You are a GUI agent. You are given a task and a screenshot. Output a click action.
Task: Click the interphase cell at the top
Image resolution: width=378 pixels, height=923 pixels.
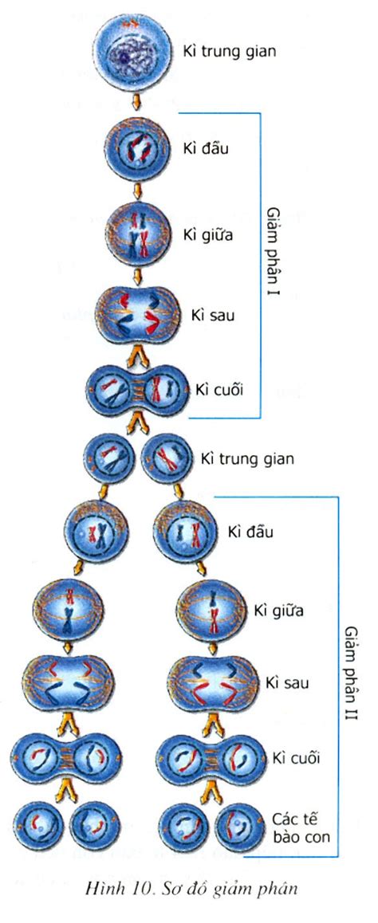click(134, 53)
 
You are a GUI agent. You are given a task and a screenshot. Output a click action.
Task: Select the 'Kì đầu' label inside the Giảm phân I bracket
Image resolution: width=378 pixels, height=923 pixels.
click(206, 148)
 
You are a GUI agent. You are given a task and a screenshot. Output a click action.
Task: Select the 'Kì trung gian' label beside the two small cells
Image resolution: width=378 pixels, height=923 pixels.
click(246, 458)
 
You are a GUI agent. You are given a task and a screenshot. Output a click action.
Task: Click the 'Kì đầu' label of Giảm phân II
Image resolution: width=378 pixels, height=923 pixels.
click(251, 531)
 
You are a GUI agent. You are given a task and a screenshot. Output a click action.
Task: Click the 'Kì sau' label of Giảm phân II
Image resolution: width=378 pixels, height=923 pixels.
click(287, 683)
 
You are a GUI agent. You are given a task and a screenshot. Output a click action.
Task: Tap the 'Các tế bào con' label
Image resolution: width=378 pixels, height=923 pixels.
click(301, 827)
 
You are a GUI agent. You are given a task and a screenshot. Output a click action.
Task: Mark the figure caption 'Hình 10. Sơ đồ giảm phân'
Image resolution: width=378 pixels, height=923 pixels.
click(191, 889)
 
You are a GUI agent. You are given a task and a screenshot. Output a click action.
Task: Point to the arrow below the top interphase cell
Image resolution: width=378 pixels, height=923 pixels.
click(136, 103)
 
